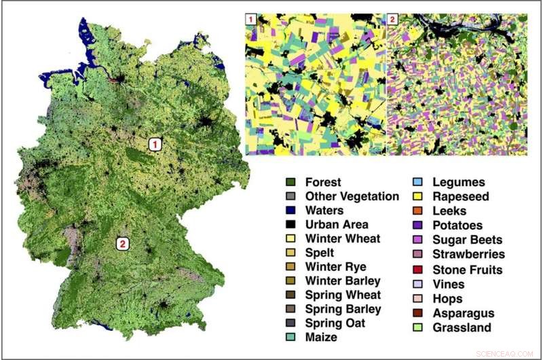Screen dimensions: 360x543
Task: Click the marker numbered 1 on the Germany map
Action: [x=156, y=144]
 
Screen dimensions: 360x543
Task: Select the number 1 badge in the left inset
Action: [x=251, y=19]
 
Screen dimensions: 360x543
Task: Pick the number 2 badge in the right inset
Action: [x=392, y=19]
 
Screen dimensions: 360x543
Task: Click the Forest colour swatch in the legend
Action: [x=291, y=182]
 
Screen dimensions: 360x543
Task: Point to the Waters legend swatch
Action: [x=291, y=211]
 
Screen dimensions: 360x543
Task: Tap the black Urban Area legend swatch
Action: [x=291, y=225]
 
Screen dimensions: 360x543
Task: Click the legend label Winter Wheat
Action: [x=343, y=238]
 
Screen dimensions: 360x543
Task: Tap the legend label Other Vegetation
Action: [x=352, y=196]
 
